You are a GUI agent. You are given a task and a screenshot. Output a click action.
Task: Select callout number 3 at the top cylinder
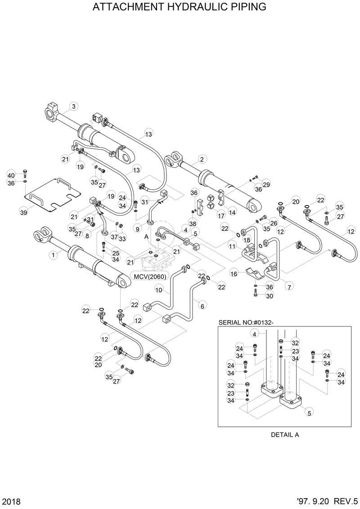74,107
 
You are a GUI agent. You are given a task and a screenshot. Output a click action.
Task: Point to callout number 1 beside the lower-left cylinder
54,254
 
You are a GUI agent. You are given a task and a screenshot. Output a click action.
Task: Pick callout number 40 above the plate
12,175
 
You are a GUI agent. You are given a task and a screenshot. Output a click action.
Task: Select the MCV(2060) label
146,275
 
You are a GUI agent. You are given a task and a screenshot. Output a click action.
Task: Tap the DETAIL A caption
285,435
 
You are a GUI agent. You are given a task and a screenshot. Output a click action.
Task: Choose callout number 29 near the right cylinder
266,185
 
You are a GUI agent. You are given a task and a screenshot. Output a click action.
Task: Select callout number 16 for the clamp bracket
234,273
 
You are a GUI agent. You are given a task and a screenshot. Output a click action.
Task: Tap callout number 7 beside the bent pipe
288,286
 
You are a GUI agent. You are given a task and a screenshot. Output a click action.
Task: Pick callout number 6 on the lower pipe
202,306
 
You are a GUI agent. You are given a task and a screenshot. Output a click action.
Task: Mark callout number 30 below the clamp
269,296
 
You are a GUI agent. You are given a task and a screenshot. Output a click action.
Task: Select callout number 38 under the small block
193,223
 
